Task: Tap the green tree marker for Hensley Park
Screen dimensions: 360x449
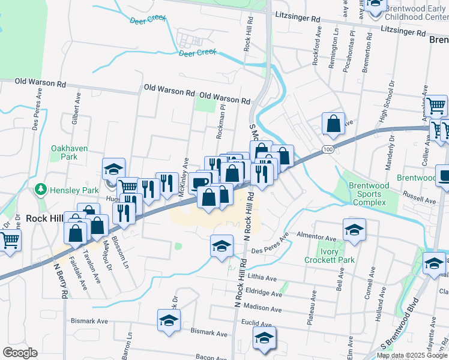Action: [41, 190]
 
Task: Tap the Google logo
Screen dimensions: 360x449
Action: [20, 353]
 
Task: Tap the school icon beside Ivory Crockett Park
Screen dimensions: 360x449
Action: [354, 230]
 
